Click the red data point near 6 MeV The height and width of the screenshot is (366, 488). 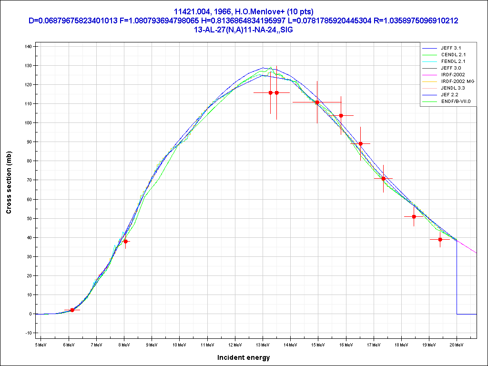click(x=72, y=310)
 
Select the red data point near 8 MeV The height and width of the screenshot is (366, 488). click(x=125, y=241)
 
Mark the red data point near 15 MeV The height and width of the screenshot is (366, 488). click(x=317, y=102)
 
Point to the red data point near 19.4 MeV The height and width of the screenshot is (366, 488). click(x=440, y=239)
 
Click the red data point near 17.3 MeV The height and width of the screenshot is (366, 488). click(x=383, y=179)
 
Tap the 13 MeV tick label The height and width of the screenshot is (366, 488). click(x=263, y=345)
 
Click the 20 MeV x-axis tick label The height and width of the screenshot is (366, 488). click(x=457, y=345)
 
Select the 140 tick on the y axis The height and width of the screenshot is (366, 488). click(x=28, y=47)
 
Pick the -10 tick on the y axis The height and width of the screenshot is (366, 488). click(x=28, y=333)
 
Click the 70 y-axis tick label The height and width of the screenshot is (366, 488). click(x=29, y=180)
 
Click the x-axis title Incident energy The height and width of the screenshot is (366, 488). click(x=244, y=357)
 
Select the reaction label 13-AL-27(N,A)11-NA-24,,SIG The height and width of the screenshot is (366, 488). click(x=244, y=29)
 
